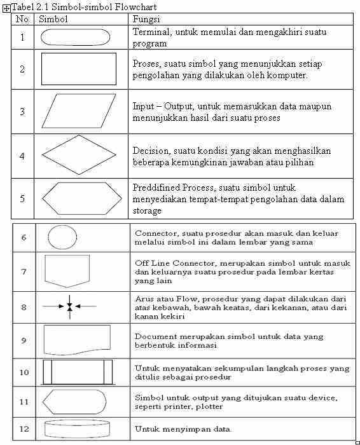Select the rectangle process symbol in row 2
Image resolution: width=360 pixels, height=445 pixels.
click(x=79, y=69)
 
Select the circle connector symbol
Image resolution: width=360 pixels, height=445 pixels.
click(x=62, y=238)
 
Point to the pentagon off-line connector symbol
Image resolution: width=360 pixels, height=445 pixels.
click(x=67, y=271)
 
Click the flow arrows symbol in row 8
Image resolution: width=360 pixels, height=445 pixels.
click(x=69, y=306)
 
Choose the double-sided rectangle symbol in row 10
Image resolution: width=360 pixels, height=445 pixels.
click(x=77, y=372)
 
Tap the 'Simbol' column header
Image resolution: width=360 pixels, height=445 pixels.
click(x=53, y=19)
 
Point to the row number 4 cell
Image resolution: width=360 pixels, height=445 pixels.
click(x=23, y=156)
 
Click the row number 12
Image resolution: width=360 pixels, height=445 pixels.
click(x=24, y=429)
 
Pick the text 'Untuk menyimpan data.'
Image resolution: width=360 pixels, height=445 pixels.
click(x=183, y=429)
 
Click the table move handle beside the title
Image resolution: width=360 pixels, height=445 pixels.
click(x=6, y=8)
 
